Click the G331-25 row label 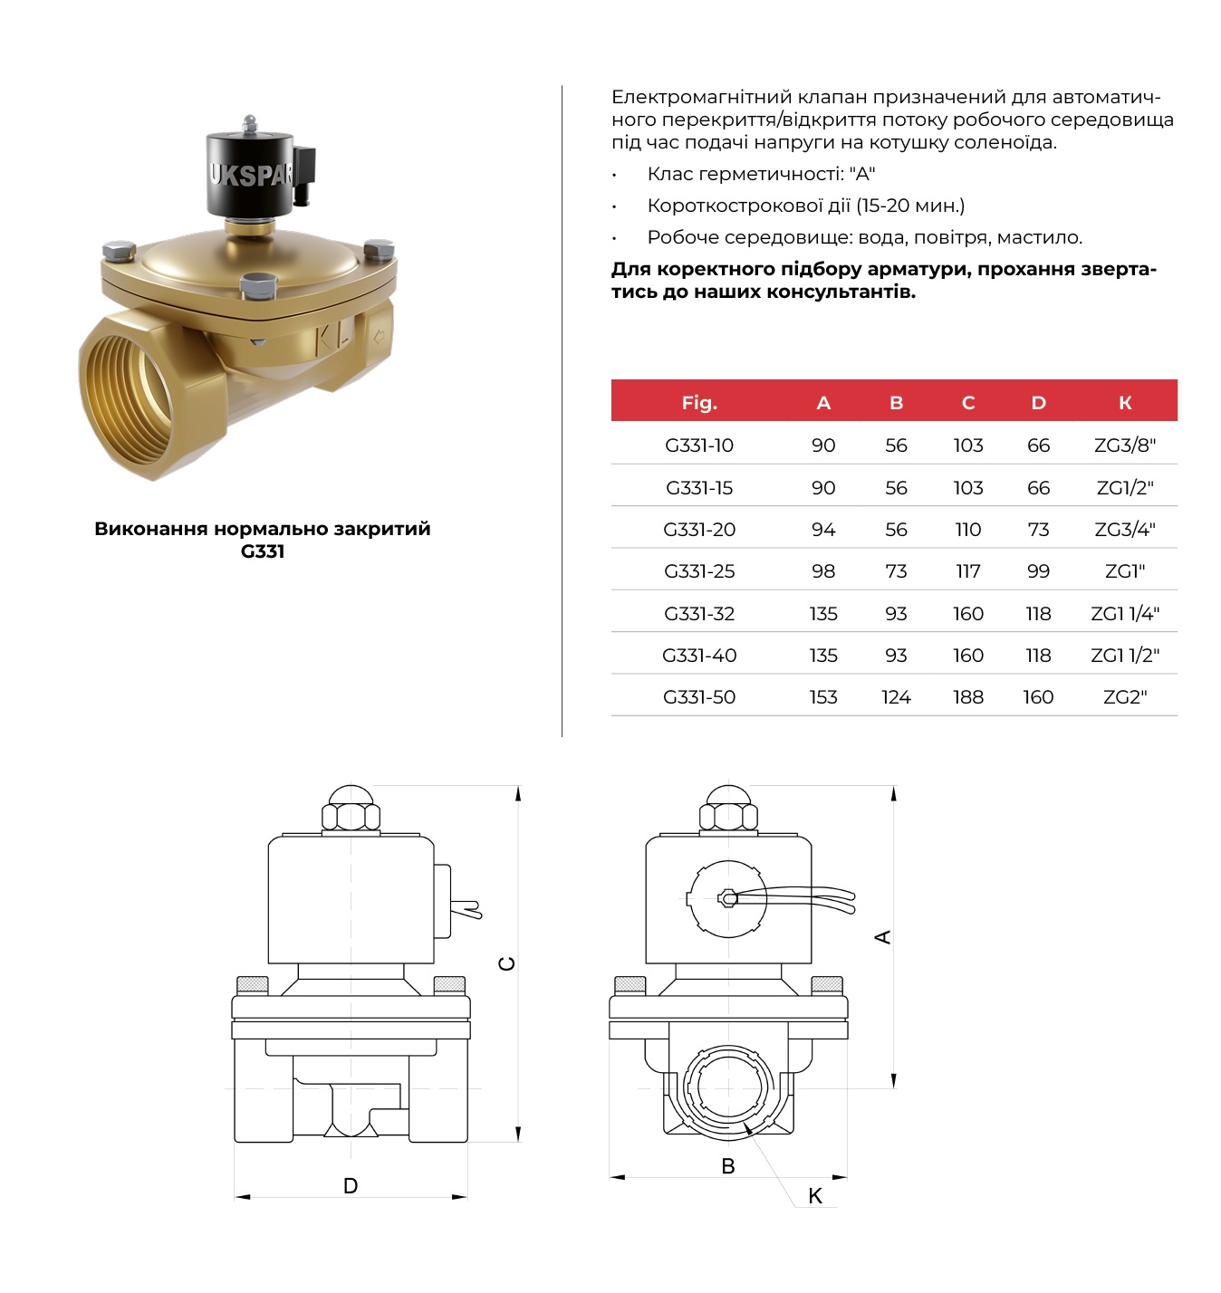[699, 571]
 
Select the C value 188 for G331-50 [968, 697]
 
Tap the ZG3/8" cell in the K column [1125, 445]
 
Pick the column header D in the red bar [1039, 402]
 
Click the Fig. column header [699, 403]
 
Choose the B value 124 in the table [896, 697]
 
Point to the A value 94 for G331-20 [823, 530]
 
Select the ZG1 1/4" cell [1125, 613]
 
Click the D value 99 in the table [1039, 571]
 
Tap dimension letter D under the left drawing [351, 1186]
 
